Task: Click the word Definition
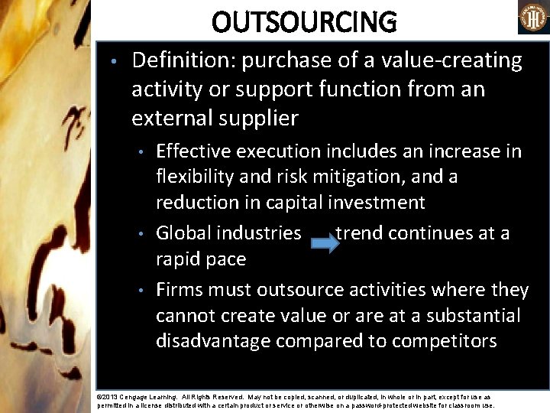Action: point(176,60)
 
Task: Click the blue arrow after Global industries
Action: point(325,244)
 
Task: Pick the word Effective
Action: point(193,151)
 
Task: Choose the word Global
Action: point(184,233)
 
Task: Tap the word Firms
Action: point(180,290)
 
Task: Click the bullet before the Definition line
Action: point(112,61)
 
